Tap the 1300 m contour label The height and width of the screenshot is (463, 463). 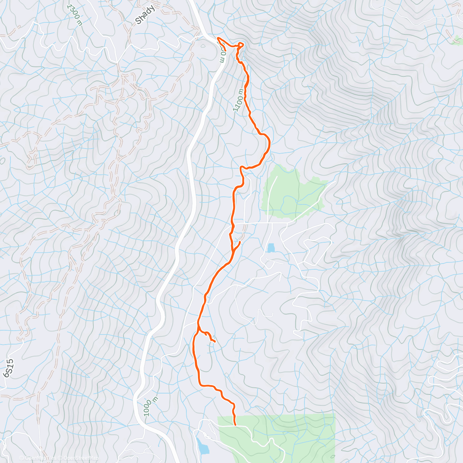[74, 15]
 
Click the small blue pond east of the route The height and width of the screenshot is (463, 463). [271, 248]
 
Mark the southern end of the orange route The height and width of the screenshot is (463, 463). [235, 425]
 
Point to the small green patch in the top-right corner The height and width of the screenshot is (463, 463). [458, 39]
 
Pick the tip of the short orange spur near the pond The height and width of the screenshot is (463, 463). [240, 242]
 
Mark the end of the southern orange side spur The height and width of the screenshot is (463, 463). [215, 341]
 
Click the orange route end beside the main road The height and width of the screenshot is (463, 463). [218, 38]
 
